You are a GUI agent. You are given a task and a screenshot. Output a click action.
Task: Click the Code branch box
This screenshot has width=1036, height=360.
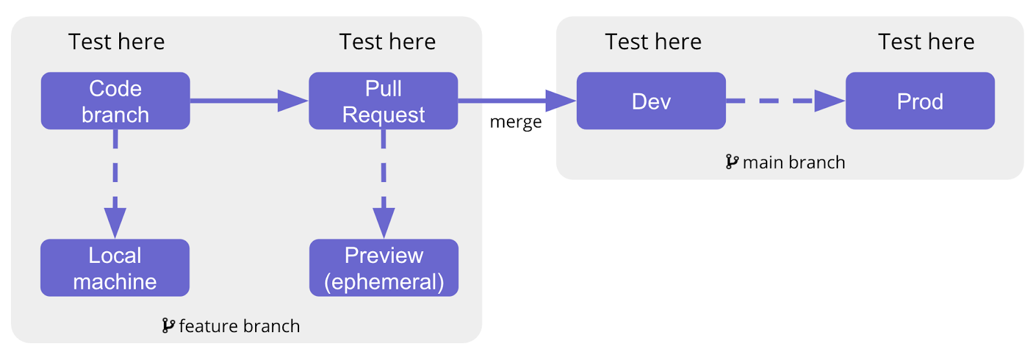(x=115, y=101)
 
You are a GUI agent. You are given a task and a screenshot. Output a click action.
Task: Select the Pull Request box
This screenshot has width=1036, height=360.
(x=383, y=101)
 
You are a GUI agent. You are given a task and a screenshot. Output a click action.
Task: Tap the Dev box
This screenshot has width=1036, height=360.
(x=651, y=101)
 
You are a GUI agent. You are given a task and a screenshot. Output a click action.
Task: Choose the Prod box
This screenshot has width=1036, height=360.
(x=919, y=101)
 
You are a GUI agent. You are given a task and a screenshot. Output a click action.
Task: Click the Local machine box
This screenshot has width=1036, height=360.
(x=115, y=268)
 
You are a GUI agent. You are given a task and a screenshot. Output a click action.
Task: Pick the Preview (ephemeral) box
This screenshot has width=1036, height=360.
(x=383, y=268)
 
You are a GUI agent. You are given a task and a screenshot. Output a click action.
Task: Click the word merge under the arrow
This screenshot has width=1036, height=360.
(x=515, y=122)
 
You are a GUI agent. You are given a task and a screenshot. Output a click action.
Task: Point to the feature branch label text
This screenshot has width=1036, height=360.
(x=239, y=326)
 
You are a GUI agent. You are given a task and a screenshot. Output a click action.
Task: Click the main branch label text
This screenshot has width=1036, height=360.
(x=794, y=162)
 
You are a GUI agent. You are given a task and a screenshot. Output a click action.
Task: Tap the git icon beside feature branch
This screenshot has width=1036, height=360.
(x=168, y=325)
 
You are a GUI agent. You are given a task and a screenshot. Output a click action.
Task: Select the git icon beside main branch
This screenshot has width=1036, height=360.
(x=732, y=161)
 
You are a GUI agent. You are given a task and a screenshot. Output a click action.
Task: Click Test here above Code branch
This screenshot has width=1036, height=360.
(x=117, y=41)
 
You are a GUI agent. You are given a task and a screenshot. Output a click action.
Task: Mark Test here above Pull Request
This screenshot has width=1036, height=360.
(x=387, y=41)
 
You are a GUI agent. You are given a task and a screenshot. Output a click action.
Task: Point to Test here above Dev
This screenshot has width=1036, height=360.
(x=653, y=41)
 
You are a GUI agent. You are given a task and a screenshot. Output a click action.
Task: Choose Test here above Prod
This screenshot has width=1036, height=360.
(x=926, y=41)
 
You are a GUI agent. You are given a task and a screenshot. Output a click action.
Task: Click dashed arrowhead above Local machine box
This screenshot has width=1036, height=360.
(x=115, y=222)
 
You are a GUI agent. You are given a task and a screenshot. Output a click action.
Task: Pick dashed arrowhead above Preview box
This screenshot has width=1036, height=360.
(x=383, y=222)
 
